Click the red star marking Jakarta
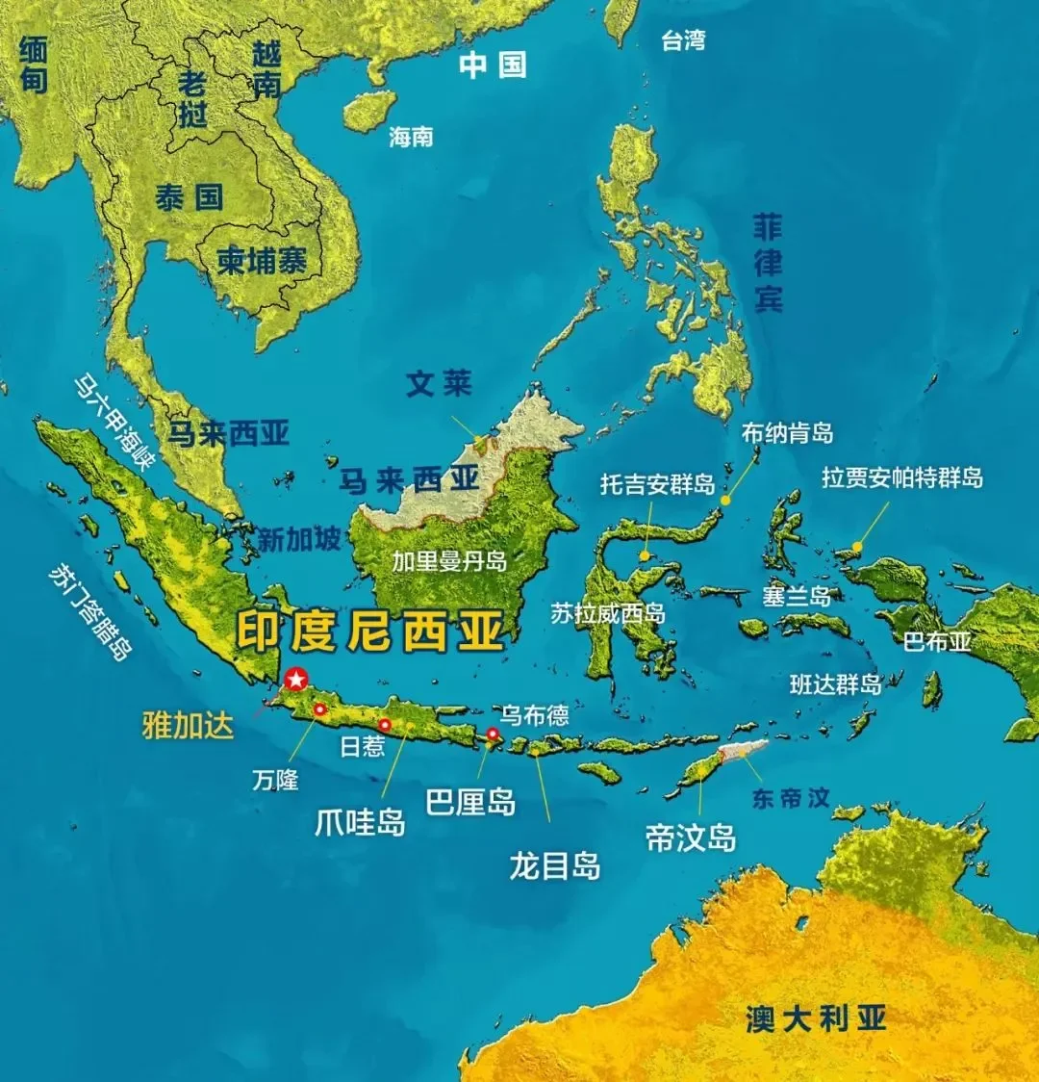(x=295, y=678)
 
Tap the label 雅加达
(x=188, y=725)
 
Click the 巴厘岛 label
(x=470, y=801)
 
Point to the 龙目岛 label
(x=555, y=865)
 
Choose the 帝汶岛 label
(x=691, y=837)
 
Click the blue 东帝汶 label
(x=791, y=798)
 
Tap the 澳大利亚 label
(x=816, y=1018)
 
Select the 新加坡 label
(x=299, y=540)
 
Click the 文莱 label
(x=439, y=383)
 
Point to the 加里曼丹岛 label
(x=449, y=560)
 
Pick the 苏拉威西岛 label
(x=608, y=612)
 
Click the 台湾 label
(x=683, y=40)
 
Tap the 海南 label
(x=411, y=138)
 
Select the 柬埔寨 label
(x=262, y=261)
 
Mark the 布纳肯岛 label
(x=787, y=433)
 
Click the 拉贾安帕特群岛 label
(x=902, y=477)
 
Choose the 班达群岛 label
(x=835, y=684)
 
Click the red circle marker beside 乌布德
(x=493, y=734)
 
